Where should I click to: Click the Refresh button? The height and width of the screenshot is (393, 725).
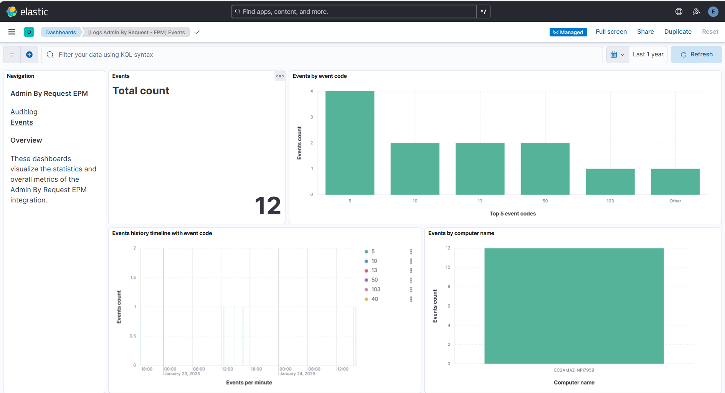coord(696,54)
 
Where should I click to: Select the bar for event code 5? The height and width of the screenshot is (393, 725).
coord(350,143)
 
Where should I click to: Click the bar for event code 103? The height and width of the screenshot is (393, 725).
coord(610,182)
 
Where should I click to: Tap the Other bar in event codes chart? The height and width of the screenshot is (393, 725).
coord(675,182)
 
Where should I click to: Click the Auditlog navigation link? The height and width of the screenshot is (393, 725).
coord(24,112)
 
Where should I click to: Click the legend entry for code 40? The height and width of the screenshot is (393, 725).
coord(375,299)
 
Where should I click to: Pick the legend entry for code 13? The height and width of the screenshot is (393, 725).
coord(374,270)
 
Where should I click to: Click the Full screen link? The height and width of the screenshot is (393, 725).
coord(611,32)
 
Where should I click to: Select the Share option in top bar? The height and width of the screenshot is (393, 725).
coord(645,32)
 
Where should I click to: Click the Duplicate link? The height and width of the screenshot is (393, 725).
coord(678,32)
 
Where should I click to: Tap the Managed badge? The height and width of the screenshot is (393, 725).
coord(568,32)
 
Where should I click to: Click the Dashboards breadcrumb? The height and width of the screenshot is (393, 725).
coord(61,32)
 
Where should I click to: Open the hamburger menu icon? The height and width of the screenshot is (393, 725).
coord(12,32)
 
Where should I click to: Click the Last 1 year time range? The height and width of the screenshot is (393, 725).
coord(648,54)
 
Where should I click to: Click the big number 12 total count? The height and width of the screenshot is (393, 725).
coord(268,206)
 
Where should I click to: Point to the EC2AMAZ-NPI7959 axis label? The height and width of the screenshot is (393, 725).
coord(574,370)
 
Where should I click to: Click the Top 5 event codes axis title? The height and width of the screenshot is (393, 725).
coord(512,214)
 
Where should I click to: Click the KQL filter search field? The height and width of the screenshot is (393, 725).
coord(322,55)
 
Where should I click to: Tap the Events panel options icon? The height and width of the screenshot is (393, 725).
coord(280,76)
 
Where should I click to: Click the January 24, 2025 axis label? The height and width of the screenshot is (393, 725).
coord(297,374)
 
